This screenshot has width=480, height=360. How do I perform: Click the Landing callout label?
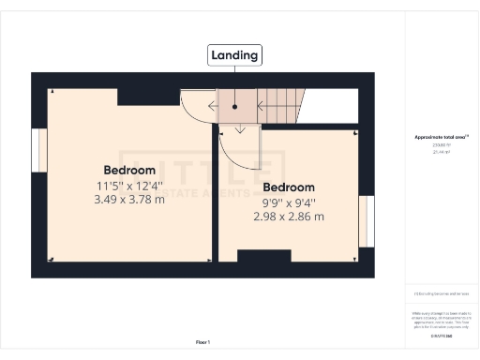[234, 55]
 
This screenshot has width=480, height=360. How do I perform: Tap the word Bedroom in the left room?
[128, 170]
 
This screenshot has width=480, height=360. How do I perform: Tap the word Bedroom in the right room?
[288, 186]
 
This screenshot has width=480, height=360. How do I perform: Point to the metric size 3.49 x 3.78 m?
[128, 199]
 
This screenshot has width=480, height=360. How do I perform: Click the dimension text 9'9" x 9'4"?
[288, 202]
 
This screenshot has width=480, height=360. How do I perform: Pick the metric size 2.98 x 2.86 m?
[288, 217]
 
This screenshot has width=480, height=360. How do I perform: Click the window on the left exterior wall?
[40, 151]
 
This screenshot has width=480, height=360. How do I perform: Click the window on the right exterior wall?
[367, 219]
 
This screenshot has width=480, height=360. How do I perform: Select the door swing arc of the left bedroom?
[195, 111]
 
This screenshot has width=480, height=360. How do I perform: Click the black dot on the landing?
[234, 106]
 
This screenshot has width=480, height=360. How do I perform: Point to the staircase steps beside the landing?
[281, 102]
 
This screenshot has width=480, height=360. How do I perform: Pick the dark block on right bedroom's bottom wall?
[258, 255]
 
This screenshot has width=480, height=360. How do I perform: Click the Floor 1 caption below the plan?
[202, 341]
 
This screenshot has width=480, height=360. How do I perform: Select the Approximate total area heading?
[442, 137]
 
